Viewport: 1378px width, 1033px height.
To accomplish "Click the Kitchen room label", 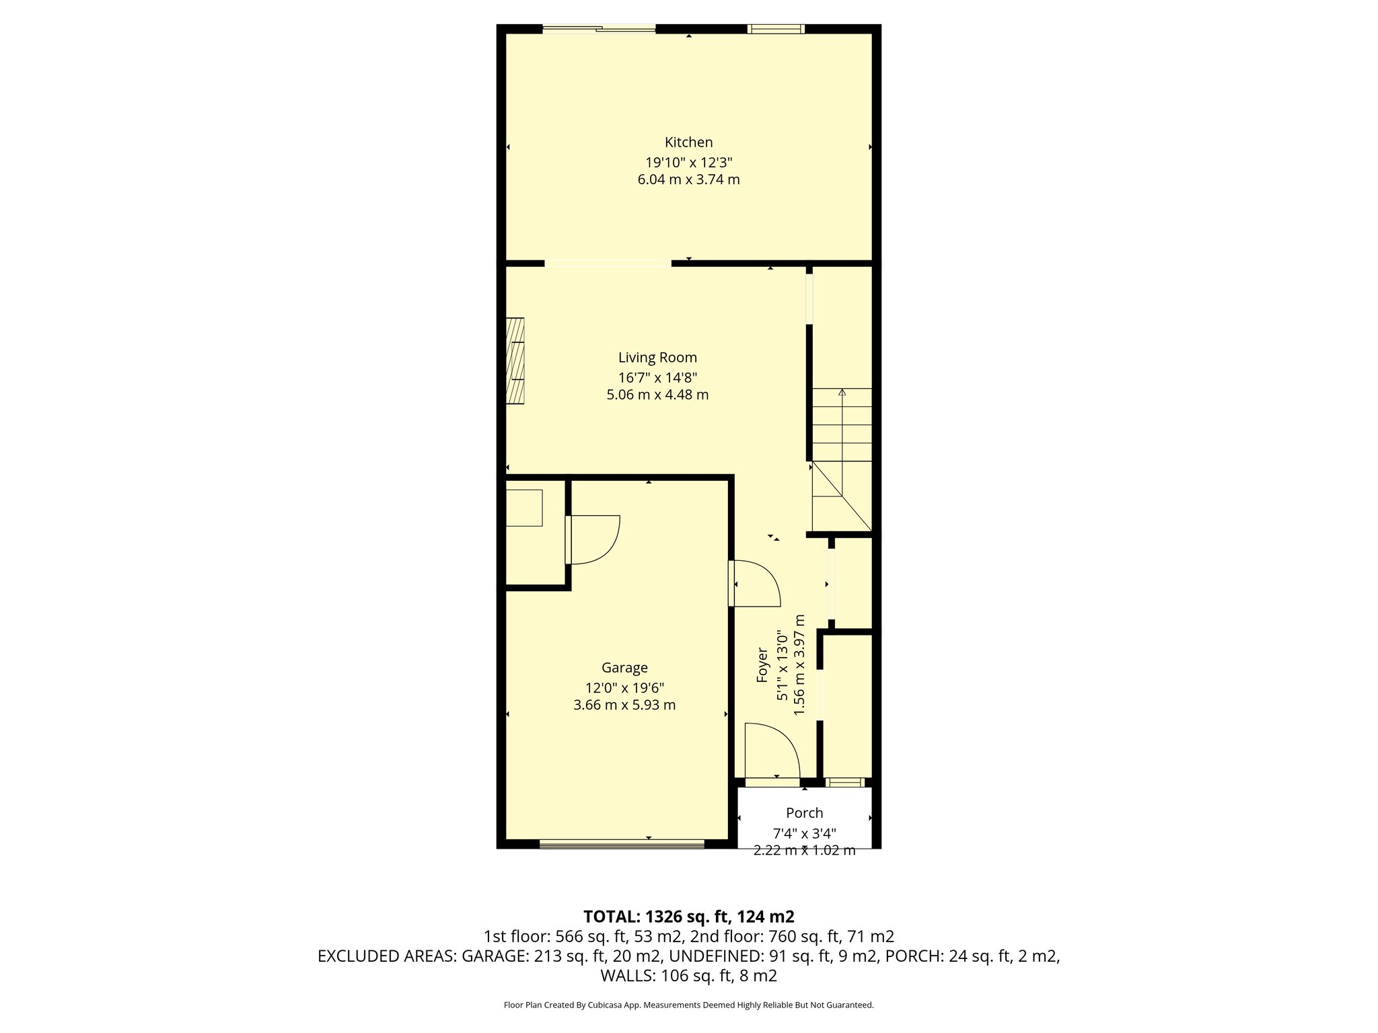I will pos(688,142).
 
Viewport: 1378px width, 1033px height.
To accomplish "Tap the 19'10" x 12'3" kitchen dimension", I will pos(688,162).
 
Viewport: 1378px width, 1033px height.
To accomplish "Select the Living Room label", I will pos(657,357).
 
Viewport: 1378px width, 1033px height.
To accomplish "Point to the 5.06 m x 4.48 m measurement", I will pos(657,395).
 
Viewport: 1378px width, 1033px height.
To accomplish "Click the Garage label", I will pos(624,667).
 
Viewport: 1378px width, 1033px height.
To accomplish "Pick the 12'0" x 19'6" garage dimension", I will pos(624,688).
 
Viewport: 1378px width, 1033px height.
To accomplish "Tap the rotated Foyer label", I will pos(762,665).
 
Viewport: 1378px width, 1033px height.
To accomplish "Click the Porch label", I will pos(804,812).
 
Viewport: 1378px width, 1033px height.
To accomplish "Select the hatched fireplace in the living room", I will pos(515,361).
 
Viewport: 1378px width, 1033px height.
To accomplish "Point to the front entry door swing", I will pos(772,750).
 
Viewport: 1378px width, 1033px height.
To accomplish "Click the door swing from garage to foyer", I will pos(756,583).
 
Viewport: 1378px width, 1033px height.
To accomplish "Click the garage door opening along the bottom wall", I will pos(622,843).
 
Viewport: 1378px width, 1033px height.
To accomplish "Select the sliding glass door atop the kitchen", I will pos(599,28).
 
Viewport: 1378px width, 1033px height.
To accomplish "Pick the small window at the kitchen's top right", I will pos(776,28).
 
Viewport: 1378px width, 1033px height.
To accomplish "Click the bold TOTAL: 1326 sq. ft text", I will pos(688,916).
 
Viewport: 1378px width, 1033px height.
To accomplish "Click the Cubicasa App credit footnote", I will pos(688,1005).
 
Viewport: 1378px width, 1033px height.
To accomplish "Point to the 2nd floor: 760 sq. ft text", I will pos(792,936).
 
